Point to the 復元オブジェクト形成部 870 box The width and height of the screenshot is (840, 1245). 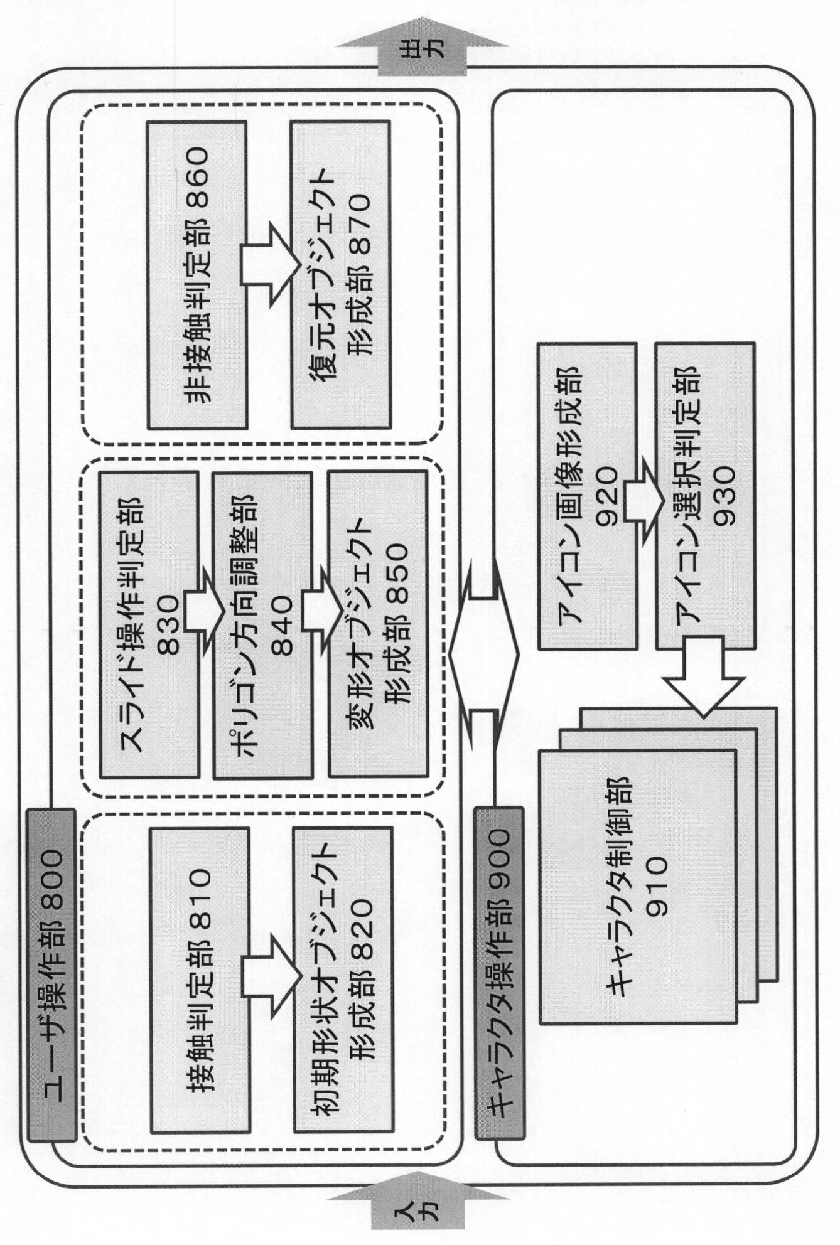coord(340,275)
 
